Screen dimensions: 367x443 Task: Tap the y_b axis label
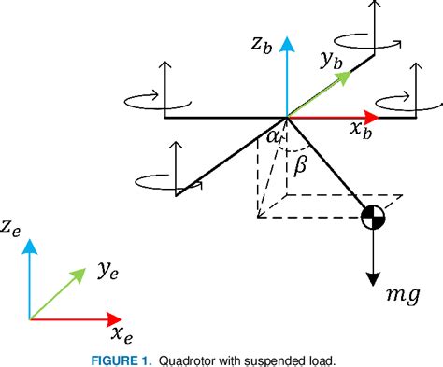pos(332,63)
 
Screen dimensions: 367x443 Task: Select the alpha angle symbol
pos(274,138)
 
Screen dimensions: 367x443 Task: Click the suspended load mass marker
pos(373,219)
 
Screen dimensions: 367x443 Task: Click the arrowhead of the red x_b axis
pos(373,118)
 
